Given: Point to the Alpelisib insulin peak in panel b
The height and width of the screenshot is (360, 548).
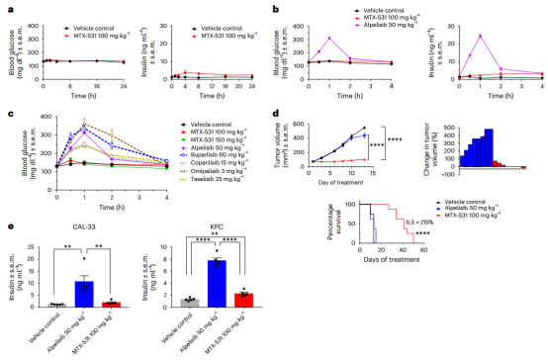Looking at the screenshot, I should click(x=478, y=36).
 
